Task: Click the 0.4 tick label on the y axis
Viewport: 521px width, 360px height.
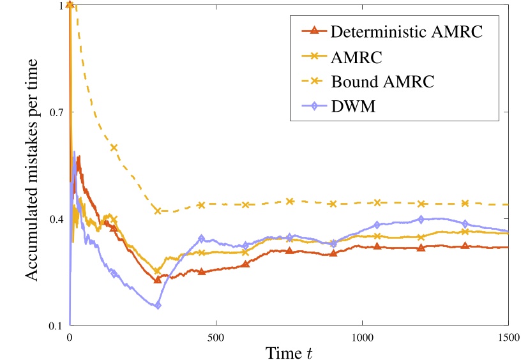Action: coord(56,220)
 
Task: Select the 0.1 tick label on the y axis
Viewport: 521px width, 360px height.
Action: coord(56,326)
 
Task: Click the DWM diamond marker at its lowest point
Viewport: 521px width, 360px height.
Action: coord(158,306)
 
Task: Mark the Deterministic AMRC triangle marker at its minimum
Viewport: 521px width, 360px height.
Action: coord(158,280)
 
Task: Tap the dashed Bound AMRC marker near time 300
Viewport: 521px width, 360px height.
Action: coord(158,210)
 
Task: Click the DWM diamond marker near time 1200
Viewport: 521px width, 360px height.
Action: coord(421,219)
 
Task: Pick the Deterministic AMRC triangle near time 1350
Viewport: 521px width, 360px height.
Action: coord(465,246)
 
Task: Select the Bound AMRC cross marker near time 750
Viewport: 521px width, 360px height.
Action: coord(289,201)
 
